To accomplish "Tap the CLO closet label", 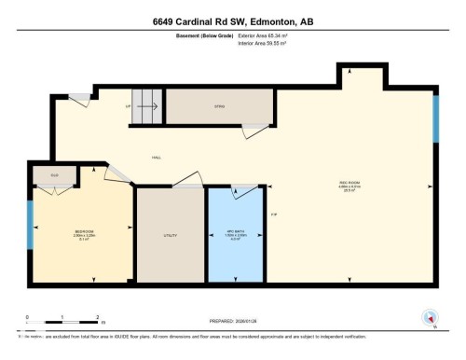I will pyautogui.click(x=42, y=173).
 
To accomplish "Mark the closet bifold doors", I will pyautogui.click(x=48, y=190).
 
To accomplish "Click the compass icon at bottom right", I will pyautogui.click(x=430, y=317).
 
